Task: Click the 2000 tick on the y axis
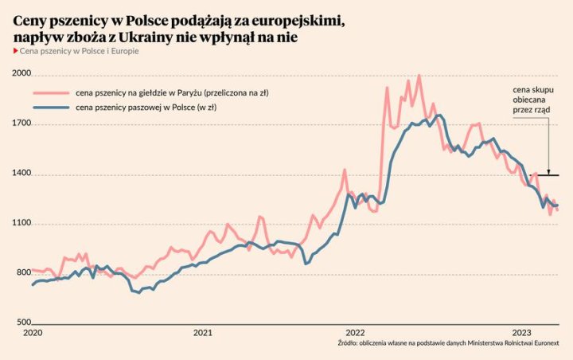click(22, 74)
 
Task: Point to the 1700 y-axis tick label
click(22, 124)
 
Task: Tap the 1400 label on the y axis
click(22, 174)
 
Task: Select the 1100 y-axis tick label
click(22, 224)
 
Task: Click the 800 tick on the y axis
click(22, 274)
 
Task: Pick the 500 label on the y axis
click(22, 323)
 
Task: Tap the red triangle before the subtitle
click(16, 51)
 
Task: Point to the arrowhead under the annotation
click(548, 170)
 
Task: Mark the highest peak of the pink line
click(419, 76)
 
